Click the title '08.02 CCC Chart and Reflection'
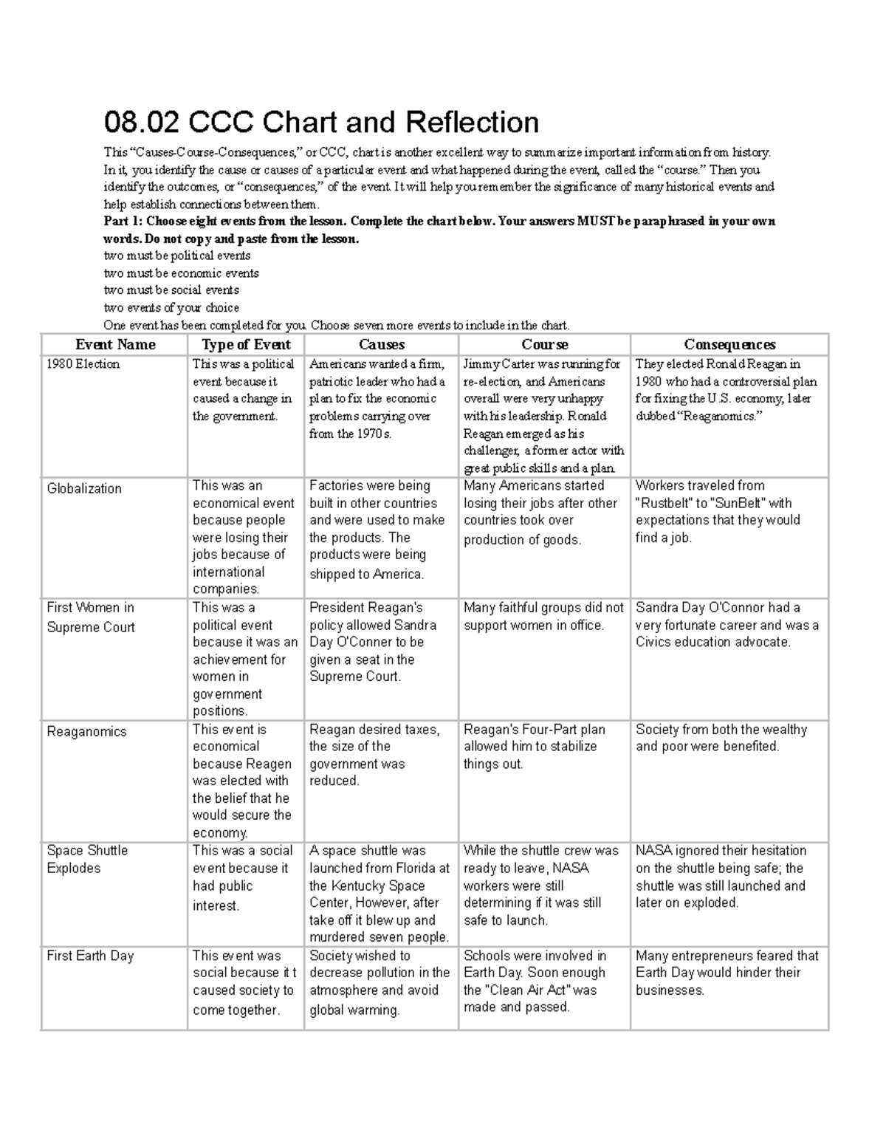point(321,123)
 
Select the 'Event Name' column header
point(115,345)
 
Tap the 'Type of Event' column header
point(246,345)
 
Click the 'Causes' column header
point(381,345)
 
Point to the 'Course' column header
point(544,345)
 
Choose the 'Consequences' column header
point(729,345)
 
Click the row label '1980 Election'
point(83,364)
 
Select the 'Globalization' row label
point(84,489)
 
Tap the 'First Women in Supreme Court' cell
point(90,617)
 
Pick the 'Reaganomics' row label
point(86,732)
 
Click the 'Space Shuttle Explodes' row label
point(86,860)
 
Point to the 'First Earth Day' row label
point(90,956)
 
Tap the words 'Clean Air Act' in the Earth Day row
point(529,990)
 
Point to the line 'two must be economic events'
point(181,273)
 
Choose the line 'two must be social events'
point(171,290)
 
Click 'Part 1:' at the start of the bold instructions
point(123,222)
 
